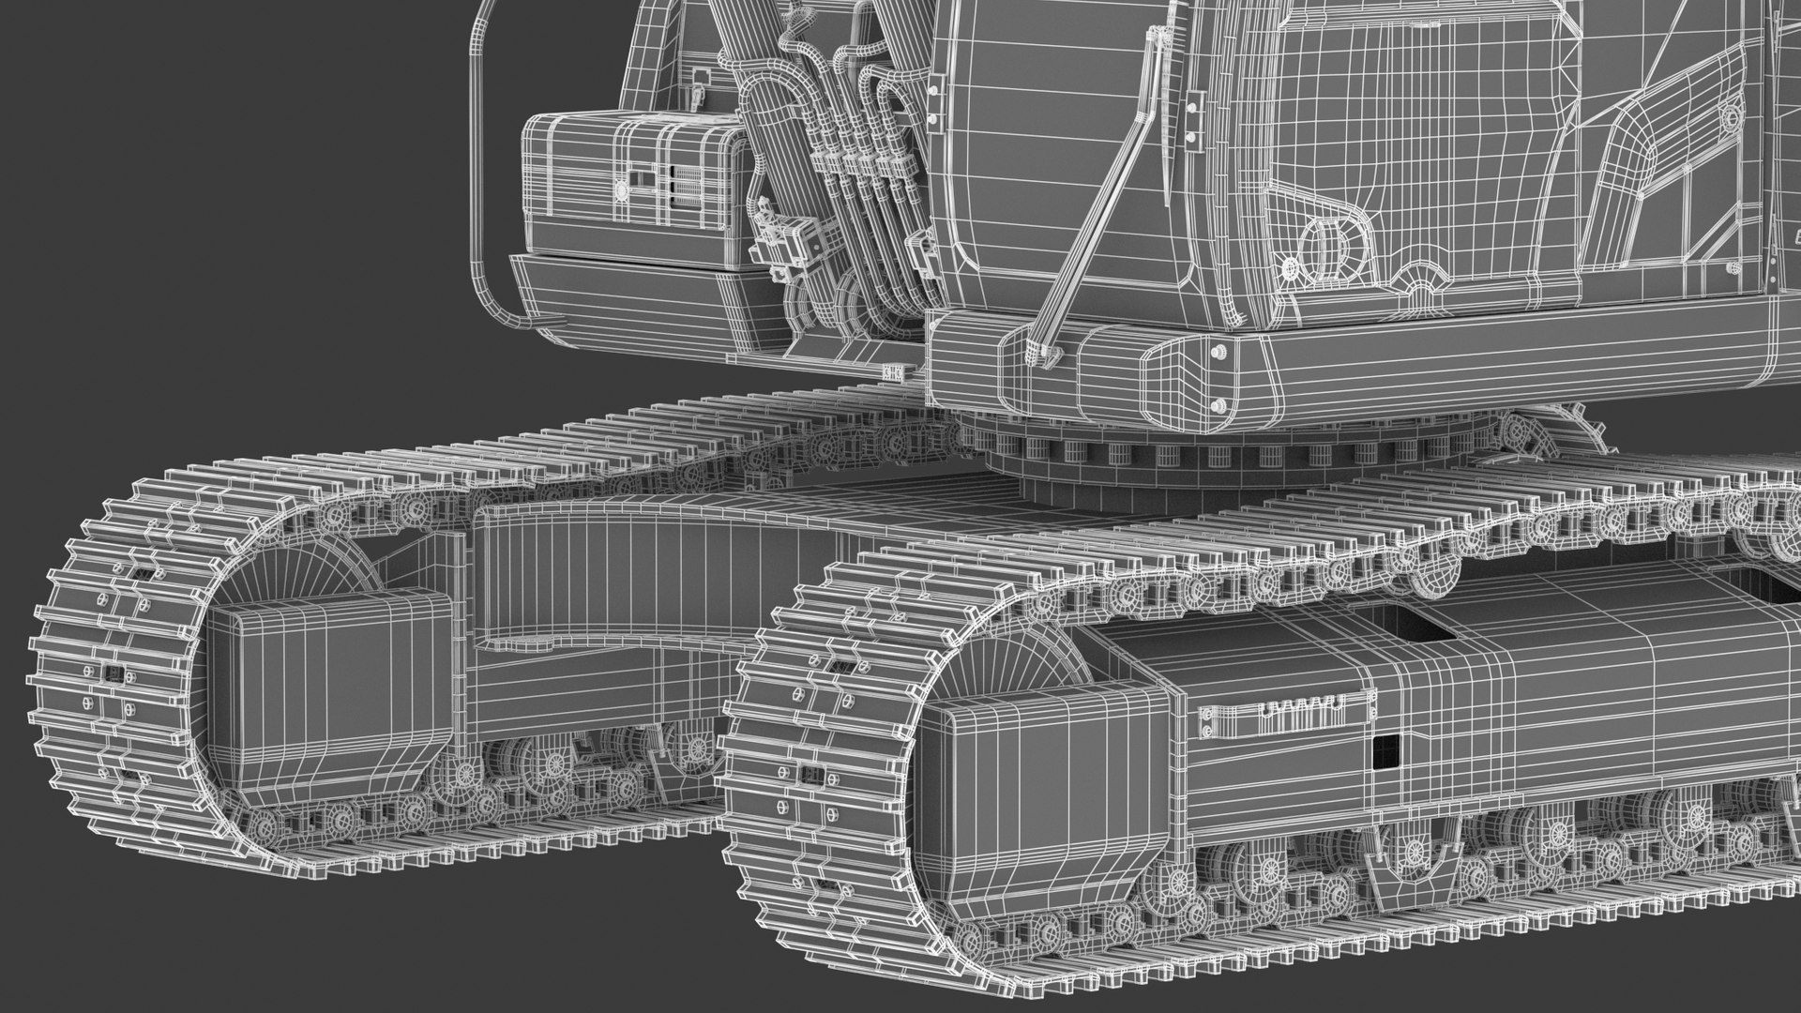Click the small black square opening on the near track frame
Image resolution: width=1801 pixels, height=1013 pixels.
pyautogui.click(x=1385, y=750)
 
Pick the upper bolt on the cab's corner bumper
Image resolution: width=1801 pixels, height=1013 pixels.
pyautogui.click(x=1218, y=353)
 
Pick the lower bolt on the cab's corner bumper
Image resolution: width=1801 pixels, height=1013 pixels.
pyautogui.click(x=1218, y=406)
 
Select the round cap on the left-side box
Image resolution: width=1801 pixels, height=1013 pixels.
pyautogui.click(x=621, y=190)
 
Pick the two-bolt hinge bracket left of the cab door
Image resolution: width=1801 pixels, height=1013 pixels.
pyautogui.click(x=1194, y=116)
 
